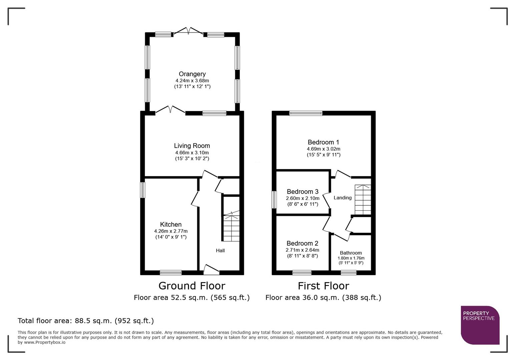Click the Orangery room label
click(x=192, y=74)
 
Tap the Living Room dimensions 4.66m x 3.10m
click(x=192, y=153)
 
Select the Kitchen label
click(x=171, y=224)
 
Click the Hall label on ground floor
click(x=220, y=250)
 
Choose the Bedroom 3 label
click(x=303, y=192)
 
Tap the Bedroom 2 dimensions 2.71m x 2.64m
click(x=302, y=250)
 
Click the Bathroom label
click(x=351, y=253)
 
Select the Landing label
click(x=343, y=198)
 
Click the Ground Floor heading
click(x=192, y=286)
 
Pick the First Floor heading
click(x=323, y=286)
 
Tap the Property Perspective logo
click(x=480, y=325)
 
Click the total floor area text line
click(x=86, y=321)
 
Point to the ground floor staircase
click(x=231, y=228)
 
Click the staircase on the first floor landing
click(x=363, y=200)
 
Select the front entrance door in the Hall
click(x=211, y=270)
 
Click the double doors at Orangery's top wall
click(x=188, y=31)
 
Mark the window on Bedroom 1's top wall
click(x=306, y=113)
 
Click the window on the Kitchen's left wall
click(x=143, y=190)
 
